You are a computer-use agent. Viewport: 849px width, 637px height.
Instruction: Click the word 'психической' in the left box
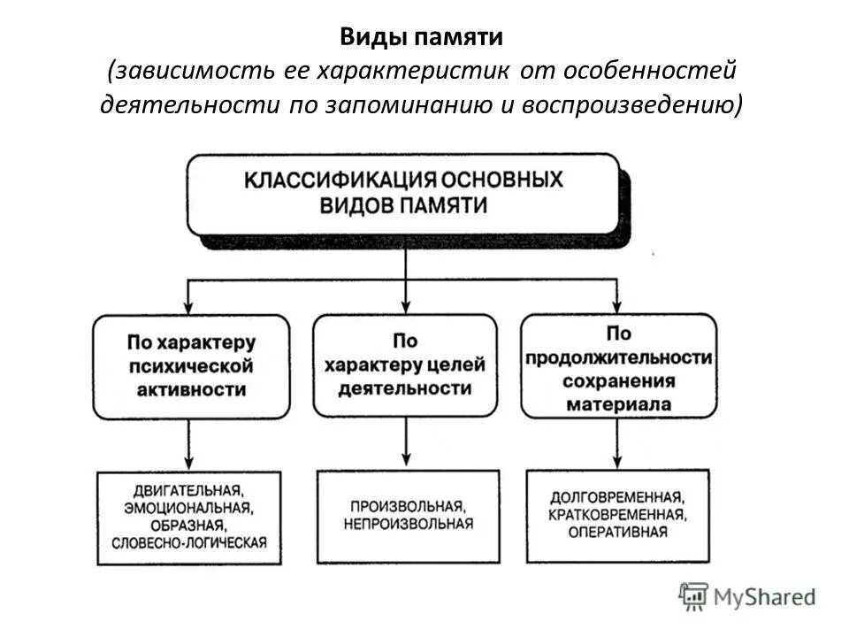click(191, 365)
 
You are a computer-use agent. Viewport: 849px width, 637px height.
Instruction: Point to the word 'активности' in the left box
click(191, 389)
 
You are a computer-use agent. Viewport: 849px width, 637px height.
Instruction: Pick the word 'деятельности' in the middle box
click(405, 388)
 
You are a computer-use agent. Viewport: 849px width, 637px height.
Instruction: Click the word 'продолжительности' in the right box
click(618, 357)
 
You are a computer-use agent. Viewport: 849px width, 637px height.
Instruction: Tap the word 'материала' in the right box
click(618, 404)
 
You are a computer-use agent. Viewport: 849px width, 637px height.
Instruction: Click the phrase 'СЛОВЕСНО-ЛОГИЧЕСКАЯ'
click(189, 541)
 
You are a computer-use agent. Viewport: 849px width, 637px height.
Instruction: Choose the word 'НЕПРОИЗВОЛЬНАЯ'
click(409, 524)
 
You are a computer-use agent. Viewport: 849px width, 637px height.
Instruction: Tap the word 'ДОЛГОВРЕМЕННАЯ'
click(617, 498)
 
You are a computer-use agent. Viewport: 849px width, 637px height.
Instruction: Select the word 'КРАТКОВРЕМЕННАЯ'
click(617, 515)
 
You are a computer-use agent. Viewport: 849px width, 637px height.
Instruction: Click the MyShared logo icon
click(694, 596)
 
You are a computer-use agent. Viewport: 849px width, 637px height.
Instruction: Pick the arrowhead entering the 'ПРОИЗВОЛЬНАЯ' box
click(406, 462)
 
